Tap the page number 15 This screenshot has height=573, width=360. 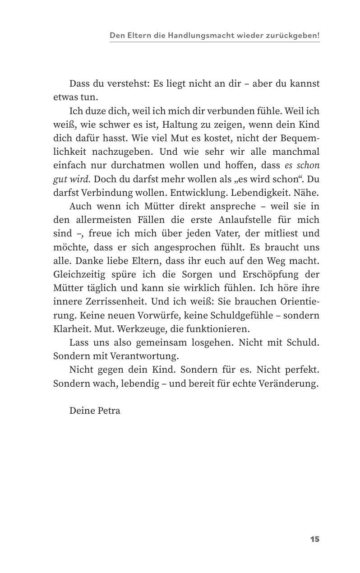[314, 539]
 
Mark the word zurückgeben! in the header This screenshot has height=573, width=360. [295, 35]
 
